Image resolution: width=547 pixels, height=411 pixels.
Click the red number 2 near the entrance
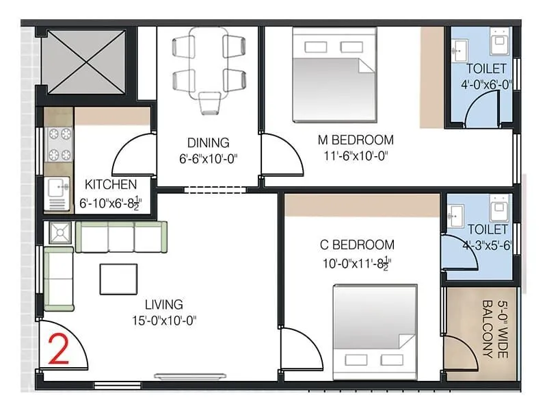60,348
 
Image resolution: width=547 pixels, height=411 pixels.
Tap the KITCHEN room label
111,185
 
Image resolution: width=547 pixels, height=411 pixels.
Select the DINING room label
208,143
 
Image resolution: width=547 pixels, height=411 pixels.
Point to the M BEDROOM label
356,140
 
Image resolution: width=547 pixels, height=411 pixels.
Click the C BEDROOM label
357,245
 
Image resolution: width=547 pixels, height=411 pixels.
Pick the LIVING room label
163,305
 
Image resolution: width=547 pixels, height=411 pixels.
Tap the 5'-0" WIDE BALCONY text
494,329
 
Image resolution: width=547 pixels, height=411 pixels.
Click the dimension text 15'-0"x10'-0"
165,321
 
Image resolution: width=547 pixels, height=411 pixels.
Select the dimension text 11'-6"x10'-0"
356,156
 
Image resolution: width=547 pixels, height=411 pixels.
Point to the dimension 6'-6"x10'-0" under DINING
208,159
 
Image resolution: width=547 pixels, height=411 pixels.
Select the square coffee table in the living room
118,278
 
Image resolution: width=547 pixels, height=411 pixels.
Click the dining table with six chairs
209,64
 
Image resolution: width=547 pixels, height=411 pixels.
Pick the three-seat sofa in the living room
121,237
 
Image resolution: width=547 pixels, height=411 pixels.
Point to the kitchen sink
56,186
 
